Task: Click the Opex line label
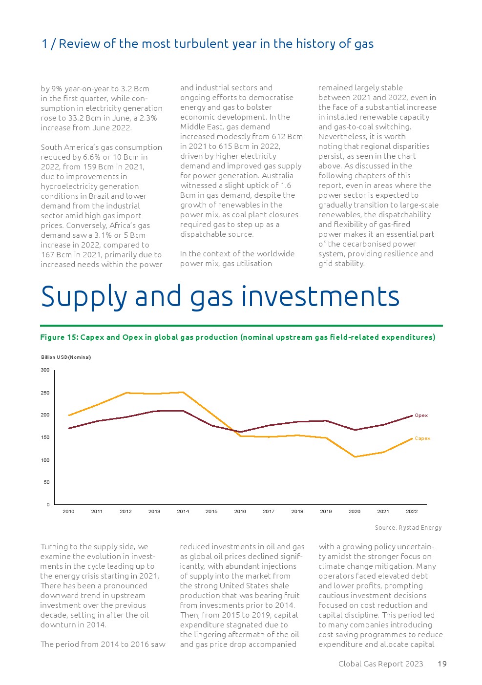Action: click(421, 415)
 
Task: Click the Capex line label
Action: click(422, 438)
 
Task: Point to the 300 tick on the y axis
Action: click(45, 370)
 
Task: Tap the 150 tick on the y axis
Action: click(45, 437)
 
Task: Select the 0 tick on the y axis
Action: click(48, 504)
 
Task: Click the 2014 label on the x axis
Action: click(183, 512)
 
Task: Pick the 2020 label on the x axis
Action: click(355, 512)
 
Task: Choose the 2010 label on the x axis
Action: click(68, 512)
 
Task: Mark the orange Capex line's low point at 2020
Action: click(355, 457)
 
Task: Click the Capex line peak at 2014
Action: click(183, 392)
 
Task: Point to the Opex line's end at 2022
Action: click(412, 416)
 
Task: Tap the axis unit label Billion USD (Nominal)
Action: click(66, 357)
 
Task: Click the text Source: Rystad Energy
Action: click(408, 528)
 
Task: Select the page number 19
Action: click(442, 664)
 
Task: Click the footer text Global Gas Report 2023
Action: click(380, 664)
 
